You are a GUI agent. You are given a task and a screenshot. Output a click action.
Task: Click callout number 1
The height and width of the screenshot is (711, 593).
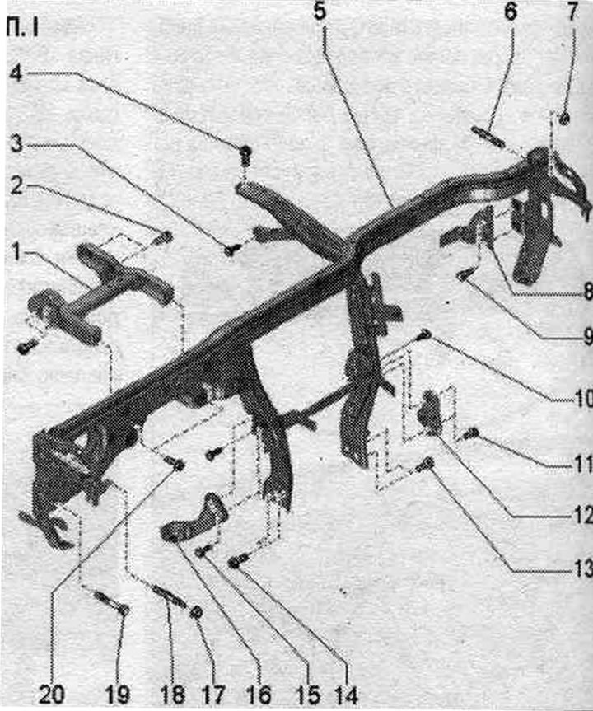[16, 253]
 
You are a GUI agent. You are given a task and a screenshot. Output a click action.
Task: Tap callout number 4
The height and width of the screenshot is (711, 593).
[16, 73]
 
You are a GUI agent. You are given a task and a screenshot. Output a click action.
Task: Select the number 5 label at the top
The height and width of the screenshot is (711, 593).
[320, 11]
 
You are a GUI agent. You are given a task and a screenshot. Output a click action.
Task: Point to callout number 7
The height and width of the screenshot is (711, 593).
[572, 11]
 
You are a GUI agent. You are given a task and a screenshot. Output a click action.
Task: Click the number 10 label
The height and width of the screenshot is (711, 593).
[582, 399]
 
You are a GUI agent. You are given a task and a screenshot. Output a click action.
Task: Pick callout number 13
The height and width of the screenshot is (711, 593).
[582, 568]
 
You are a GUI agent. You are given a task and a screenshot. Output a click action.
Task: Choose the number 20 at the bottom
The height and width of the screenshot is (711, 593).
[51, 695]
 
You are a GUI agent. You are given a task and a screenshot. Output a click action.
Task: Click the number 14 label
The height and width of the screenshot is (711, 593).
[346, 695]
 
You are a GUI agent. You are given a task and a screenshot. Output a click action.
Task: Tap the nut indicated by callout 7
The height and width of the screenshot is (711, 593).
[564, 119]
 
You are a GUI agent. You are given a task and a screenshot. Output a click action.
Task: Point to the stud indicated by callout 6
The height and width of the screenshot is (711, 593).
[488, 137]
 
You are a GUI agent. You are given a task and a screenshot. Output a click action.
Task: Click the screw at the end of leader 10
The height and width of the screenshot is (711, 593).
[424, 334]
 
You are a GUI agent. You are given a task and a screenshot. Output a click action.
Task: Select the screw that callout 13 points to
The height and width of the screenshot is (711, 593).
[427, 463]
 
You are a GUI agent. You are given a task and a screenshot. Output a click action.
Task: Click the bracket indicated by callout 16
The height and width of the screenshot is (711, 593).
[194, 518]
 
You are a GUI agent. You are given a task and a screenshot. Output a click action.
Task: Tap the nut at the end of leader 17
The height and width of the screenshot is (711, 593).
[196, 613]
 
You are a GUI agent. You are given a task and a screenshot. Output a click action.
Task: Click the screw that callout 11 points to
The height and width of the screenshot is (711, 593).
[471, 433]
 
